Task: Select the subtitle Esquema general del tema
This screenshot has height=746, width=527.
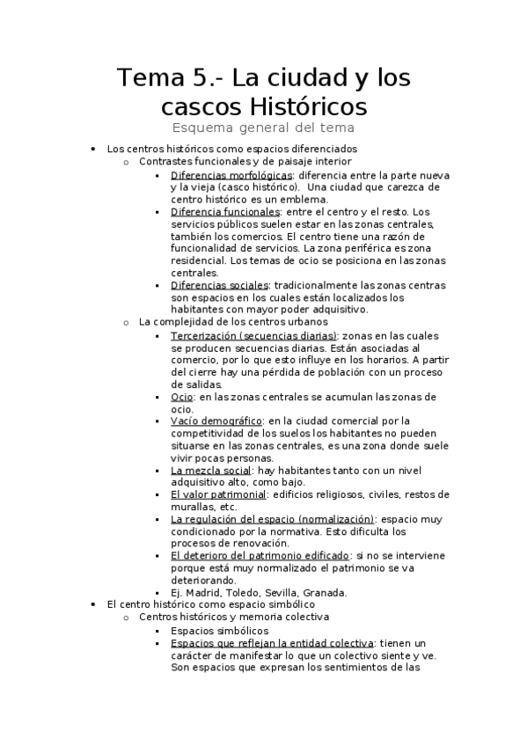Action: tap(263, 129)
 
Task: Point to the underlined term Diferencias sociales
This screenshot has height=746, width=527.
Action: tap(221, 286)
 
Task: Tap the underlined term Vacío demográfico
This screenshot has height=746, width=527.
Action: tap(216, 421)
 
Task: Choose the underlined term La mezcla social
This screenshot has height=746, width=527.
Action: tap(210, 470)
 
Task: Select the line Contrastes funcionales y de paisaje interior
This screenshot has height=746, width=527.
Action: tap(233, 162)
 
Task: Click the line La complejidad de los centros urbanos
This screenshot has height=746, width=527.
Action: tap(234, 322)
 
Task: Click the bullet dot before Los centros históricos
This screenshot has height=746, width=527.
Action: tap(92, 150)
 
